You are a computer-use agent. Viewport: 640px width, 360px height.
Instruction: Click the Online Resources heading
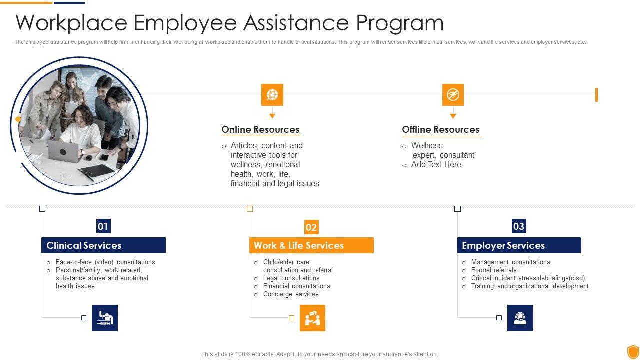(x=260, y=130)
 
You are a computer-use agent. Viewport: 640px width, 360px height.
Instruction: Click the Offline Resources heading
(x=440, y=130)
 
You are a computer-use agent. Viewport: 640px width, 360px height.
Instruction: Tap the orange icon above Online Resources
(x=272, y=95)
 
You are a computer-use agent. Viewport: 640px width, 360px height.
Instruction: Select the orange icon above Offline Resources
(x=453, y=95)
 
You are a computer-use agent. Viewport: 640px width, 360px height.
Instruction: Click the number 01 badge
(x=103, y=226)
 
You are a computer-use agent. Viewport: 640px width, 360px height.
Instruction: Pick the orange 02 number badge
(x=311, y=227)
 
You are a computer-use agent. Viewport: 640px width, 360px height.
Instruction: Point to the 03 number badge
(x=519, y=226)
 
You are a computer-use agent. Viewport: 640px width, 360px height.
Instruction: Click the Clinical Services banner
(x=103, y=245)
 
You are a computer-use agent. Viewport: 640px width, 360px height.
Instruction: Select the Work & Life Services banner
(x=311, y=245)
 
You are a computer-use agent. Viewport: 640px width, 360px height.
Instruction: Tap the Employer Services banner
(x=519, y=245)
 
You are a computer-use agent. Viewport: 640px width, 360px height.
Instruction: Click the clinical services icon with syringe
(x=105, y=318)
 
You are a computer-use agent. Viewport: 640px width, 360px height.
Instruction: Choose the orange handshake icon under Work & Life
(x=312, y=318)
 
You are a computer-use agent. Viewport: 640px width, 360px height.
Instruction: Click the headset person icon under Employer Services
(x=520, y=318)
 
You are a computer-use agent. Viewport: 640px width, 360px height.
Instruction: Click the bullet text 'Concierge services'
(x=291, y=294)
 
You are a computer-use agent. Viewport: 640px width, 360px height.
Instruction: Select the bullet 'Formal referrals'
(x=494, y=270)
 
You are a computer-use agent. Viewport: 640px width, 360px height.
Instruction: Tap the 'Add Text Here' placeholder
(x=436, y=165)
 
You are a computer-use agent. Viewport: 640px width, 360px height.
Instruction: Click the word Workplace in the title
(x=69, y=23)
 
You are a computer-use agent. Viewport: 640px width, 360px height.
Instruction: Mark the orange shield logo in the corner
(x=633, y=351)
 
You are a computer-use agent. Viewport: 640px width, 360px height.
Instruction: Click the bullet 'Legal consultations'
(x=291, y=278)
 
